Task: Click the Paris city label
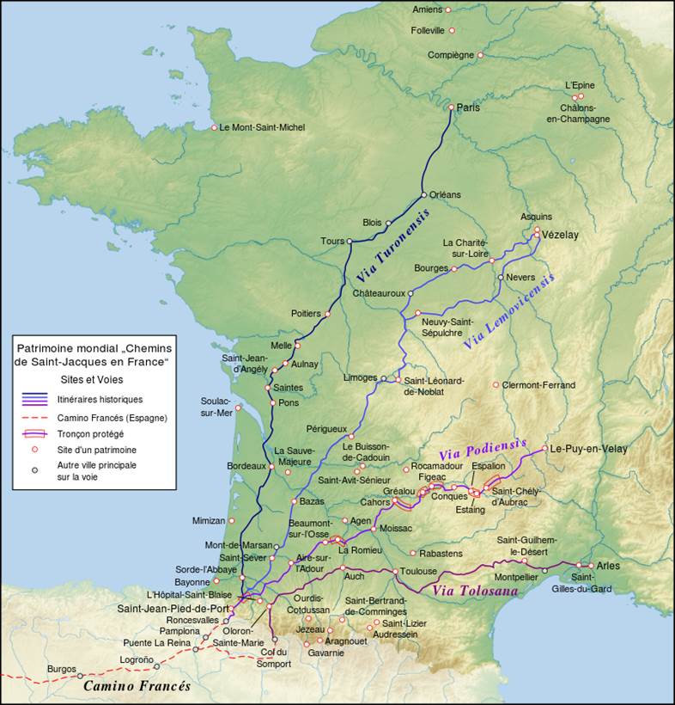click(469, 108)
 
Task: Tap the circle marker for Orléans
click(423, 194)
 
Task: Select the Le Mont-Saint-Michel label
click(262, 127)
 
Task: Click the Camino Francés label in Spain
click(137, 686)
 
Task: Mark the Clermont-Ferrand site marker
click(496, 385)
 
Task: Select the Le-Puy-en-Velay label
click(589, 449)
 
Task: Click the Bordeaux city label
click(245, 466)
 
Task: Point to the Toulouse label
click(418, 572)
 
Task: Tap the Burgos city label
click(62, 668)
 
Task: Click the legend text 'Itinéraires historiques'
click(100, 399)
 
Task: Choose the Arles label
click(608, 566)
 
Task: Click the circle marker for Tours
click(350, 242)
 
